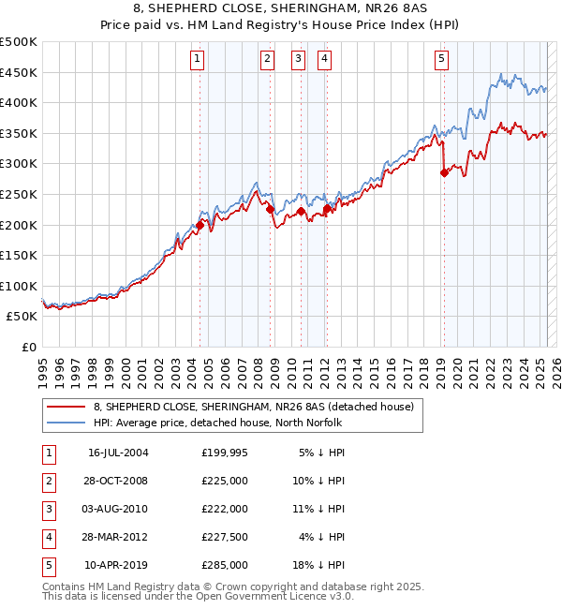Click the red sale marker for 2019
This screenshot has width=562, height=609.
(444, 172)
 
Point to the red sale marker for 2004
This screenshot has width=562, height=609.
(200, 225)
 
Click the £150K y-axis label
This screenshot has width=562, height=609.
(20, 255)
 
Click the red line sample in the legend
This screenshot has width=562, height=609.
(65, 407)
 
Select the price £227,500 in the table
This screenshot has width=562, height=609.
(225, 538)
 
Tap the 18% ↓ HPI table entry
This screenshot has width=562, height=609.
(322, 566)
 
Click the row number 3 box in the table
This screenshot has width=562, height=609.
(48, 510)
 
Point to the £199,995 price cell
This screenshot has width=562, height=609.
(225, 453)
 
